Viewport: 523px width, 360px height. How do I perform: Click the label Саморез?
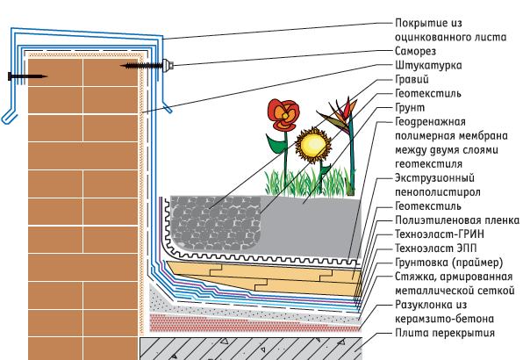pos(415,51)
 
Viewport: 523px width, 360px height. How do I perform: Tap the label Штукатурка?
pos(428,65)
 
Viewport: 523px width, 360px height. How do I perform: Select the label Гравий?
pos(412,79)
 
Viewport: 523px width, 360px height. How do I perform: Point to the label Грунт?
pos(410,108)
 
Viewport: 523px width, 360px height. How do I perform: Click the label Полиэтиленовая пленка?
pos(457,220)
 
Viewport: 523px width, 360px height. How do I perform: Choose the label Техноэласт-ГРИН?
pos(440,234)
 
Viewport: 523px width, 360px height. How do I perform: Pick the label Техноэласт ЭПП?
pos(435,248)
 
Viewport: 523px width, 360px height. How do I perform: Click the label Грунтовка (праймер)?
pos(448,263)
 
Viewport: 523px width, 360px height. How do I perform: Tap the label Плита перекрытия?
pos(445,333)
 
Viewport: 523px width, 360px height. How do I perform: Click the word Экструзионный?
pos(434,178)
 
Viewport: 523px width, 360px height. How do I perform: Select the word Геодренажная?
pos(430,122)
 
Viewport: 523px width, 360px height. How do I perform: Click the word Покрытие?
pos(419,23)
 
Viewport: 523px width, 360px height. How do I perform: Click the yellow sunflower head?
pos(313,145)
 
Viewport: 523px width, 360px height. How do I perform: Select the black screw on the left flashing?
pos(27,76)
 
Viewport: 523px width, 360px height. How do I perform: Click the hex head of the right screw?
pos(168,65)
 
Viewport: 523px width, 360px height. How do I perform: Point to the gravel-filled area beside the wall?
pos(216,222)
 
